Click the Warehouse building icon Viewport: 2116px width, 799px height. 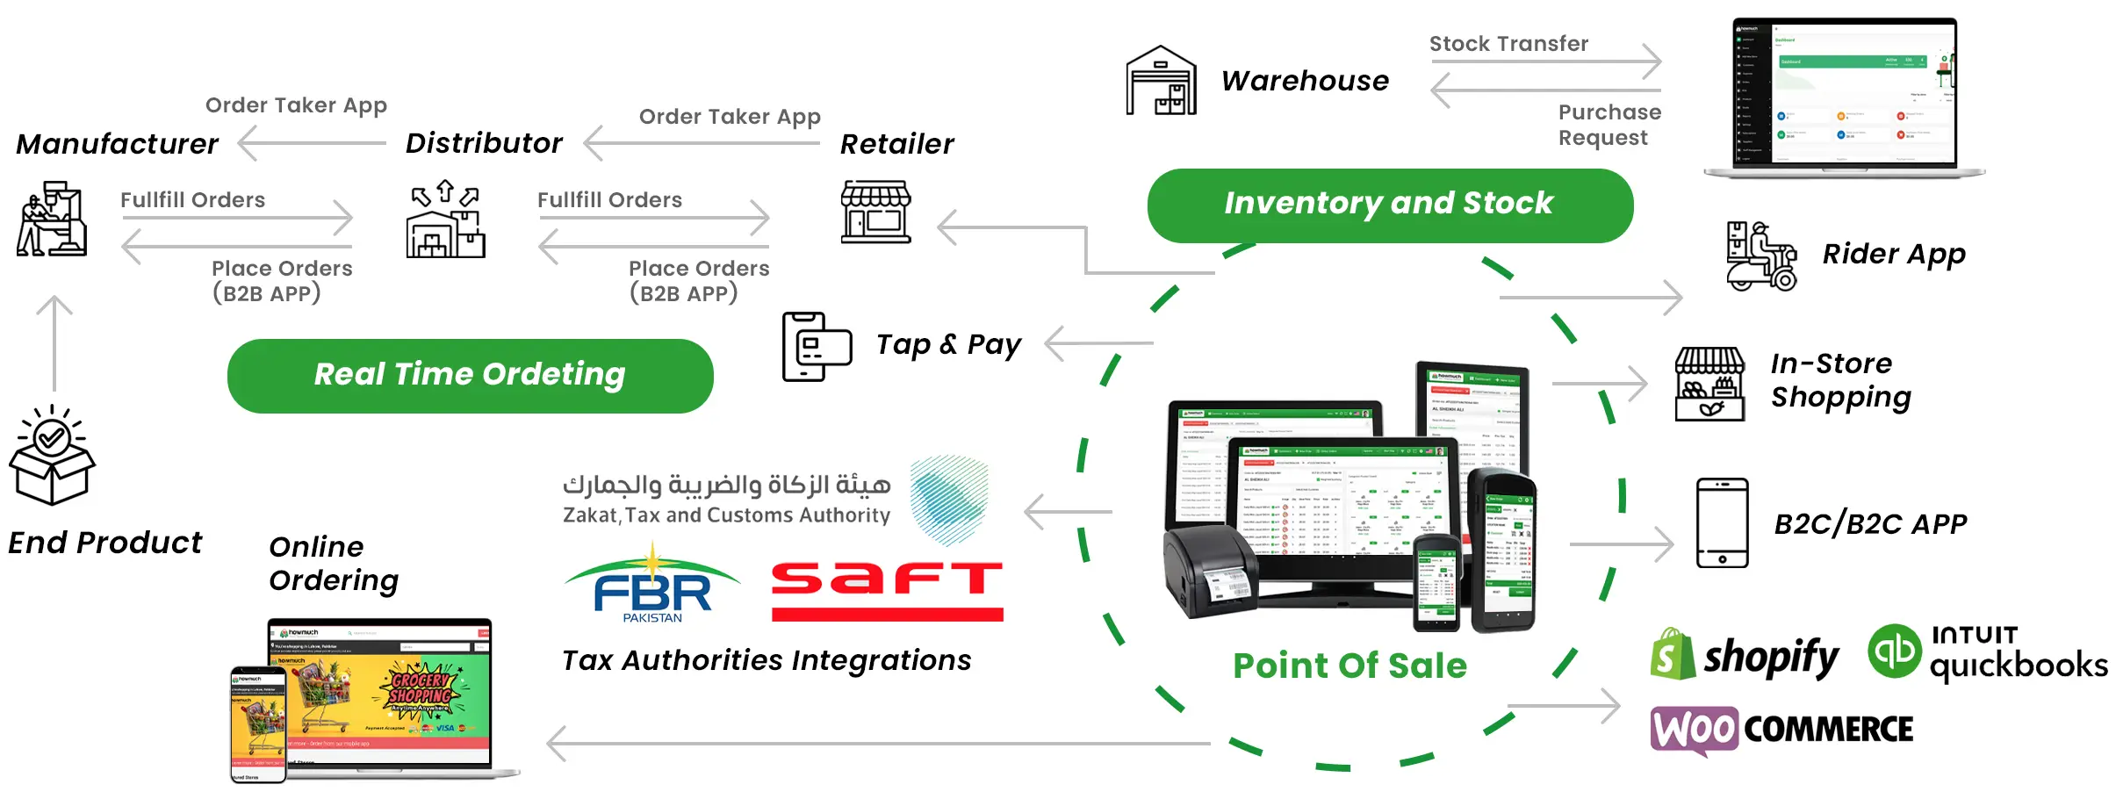pos(1161,81)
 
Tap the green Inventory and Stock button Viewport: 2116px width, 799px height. pos(1389,205)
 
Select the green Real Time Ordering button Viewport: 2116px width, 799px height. pos(470,375)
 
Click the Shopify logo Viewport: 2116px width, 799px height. pos(1743,655)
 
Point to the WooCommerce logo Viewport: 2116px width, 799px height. pos(1781,730)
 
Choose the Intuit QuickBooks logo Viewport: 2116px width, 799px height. pos(1987,652)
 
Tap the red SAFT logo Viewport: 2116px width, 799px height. pos(887,591)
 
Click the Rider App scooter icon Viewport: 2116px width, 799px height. pos(1760,256)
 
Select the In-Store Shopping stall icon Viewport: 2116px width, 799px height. pos(1709,384)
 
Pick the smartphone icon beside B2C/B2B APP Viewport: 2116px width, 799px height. pos(1721,523)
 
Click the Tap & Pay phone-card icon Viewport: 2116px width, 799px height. pos(816,346)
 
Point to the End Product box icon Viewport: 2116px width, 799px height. pos(52,456)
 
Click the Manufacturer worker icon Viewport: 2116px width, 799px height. pos(52,220)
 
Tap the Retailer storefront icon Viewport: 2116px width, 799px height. pos(875,212)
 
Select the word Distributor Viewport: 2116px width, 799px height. pos(484,143)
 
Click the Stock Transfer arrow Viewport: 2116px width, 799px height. pos(1545,61)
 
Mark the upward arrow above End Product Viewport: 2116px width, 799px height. pos(54,342)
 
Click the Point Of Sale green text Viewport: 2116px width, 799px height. pos(1349,666)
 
